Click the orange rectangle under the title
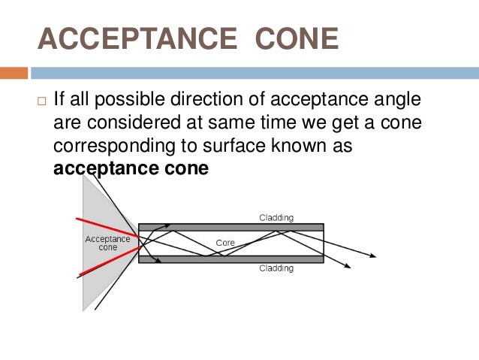[x=14, y=74]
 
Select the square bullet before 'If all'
[x=40, y=100]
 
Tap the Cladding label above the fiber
[x=276, y=218]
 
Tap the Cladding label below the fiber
[x=276, y=268]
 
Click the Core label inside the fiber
[x=225, y=244]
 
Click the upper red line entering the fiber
[x=105, y=227]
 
